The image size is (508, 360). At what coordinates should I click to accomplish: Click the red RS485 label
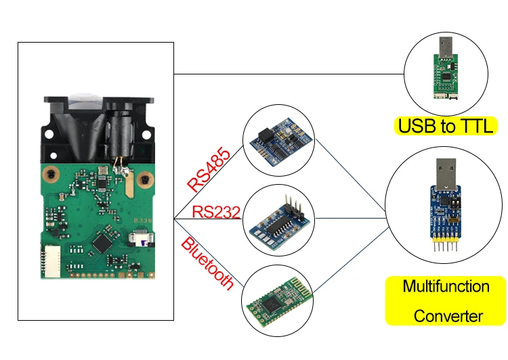pos(208,169)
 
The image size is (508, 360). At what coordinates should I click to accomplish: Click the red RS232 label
pos(216,212)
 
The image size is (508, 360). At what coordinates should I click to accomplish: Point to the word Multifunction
pos(446,286)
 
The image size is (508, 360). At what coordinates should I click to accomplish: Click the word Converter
pos(448,316)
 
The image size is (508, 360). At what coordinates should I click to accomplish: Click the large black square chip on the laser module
pos(102,242)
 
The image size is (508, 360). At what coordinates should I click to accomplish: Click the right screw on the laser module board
pos(144,179)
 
